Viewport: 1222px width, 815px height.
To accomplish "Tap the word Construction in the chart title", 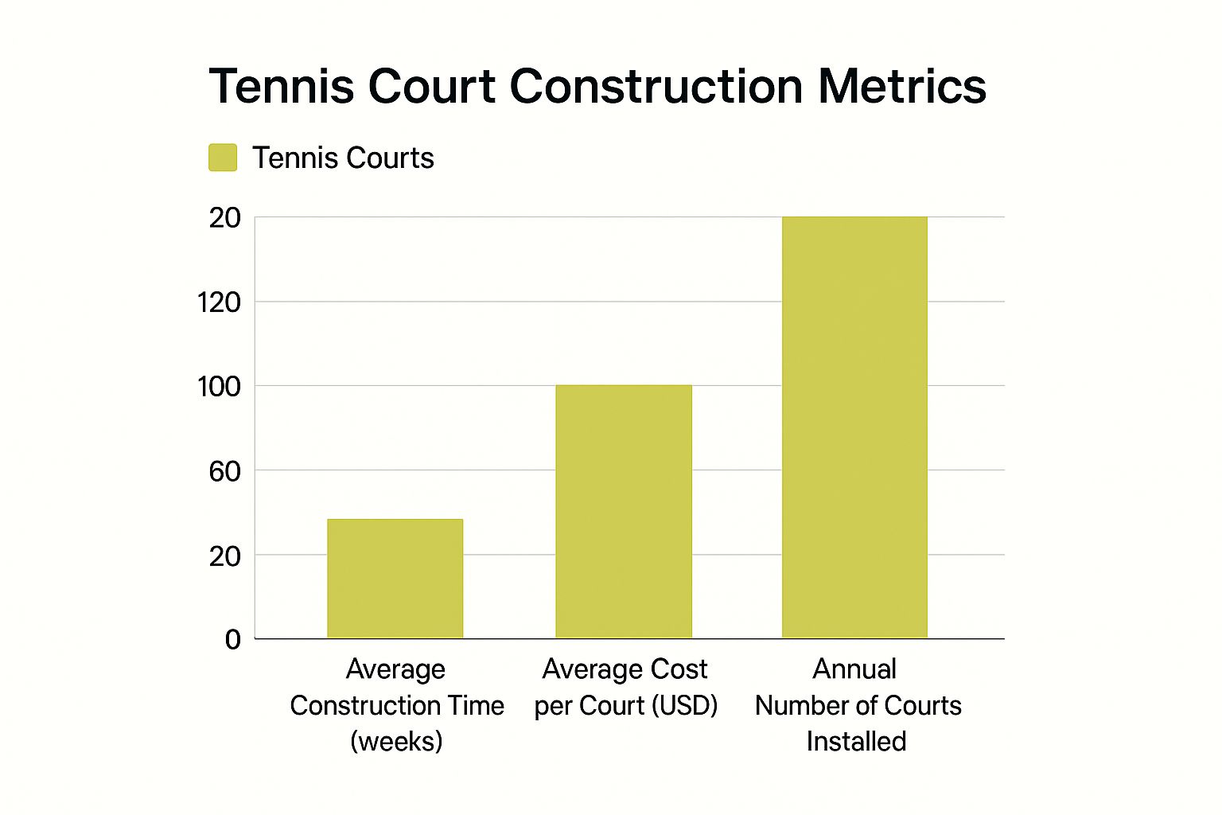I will tap(656, 87).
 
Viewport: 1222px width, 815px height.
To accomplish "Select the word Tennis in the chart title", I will tap(282, 87).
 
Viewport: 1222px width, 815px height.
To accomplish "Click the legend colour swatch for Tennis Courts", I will tap(223, 158).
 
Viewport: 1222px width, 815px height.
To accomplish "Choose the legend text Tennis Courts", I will tap(343, 158).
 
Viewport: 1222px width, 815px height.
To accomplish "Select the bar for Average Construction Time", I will tap(395, 579).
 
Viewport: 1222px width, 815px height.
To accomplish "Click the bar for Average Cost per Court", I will tap(624, 512).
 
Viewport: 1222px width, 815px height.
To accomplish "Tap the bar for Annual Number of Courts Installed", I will tap(854, 427).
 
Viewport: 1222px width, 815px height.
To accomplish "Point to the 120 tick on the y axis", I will tap(219, 302).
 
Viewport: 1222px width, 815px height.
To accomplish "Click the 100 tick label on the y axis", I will tap(219, 387).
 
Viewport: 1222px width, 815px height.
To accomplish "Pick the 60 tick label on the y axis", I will tap(224, 471).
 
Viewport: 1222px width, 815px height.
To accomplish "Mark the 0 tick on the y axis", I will tap(232, 639).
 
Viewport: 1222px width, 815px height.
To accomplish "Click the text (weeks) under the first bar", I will tap(396, 742).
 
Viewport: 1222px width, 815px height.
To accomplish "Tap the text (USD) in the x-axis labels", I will tap(685, 706).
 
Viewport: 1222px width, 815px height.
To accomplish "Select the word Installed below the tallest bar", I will tap(856, 742).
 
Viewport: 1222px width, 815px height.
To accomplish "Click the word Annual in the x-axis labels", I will tap(854, 669).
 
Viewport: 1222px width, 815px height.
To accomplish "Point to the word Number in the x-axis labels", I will tap(804, 706).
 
